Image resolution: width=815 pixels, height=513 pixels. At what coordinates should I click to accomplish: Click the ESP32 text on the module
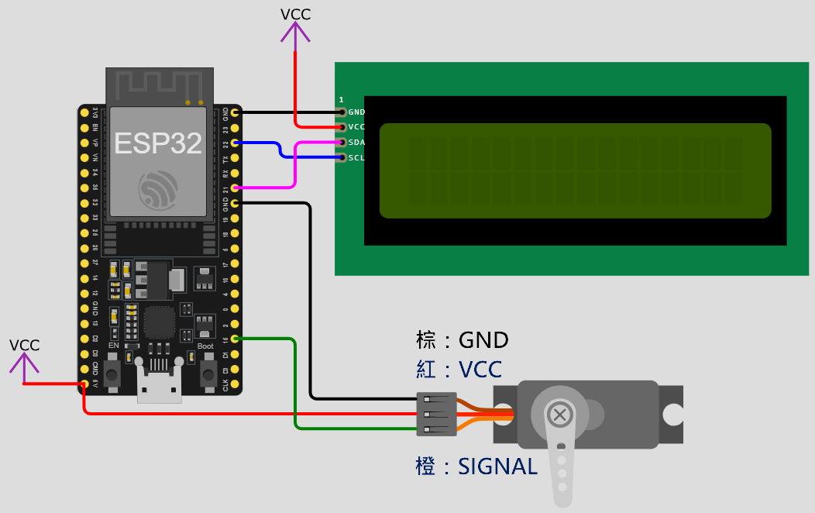(x=159, y=143)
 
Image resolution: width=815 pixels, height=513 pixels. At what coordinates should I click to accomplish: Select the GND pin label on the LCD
(x=356, y=112)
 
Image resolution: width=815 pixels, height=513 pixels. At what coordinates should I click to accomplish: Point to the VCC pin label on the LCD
(x=356, y=127)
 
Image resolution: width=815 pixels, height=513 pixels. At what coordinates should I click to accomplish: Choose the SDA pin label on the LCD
(x=356, y=143)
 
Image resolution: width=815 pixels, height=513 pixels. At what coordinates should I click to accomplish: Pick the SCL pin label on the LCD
(x=356, y=158)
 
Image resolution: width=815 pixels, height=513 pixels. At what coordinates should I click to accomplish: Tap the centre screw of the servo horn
(x=559, y=415)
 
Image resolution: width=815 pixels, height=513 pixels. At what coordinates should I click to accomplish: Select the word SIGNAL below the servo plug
(x=497, y=466)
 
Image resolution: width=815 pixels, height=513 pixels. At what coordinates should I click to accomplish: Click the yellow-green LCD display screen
(x=576, y=170)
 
